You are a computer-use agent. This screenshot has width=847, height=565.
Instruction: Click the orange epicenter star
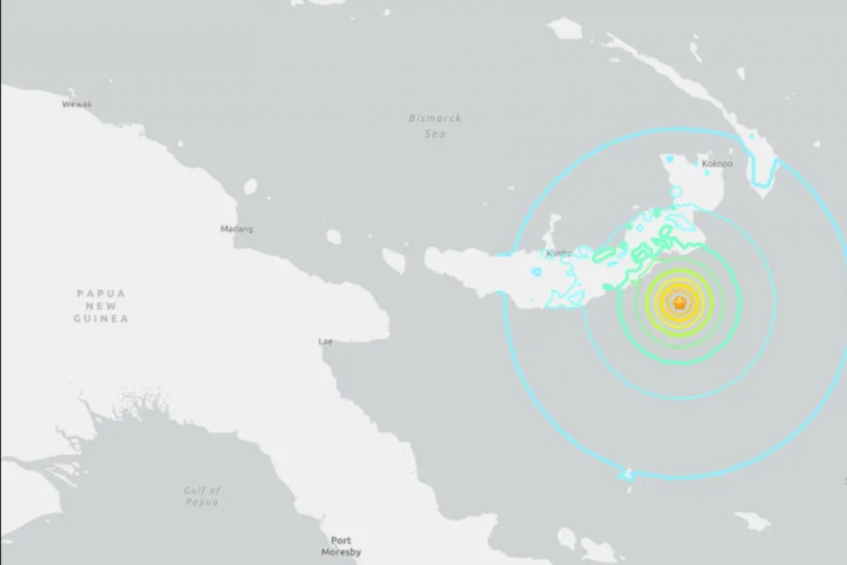(x=679, y=304)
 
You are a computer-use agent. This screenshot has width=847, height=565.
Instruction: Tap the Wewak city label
(x=77, y=105)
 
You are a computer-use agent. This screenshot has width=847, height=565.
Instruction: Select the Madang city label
(x=236, y=229)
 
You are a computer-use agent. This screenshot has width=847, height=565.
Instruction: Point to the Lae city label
(x=325, y=341)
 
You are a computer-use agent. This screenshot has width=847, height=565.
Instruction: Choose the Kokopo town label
(x=717, y=164)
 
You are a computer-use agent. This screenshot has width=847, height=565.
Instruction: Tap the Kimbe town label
(x=558, y=254)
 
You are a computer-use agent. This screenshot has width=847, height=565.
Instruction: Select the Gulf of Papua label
(x=203, y=496)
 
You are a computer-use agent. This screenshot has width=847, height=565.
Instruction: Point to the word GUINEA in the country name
(x=101, y=319)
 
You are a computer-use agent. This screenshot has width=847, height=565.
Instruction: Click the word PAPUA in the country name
(x=101, y=293)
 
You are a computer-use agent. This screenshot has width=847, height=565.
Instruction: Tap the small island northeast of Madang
(x=251, y=186)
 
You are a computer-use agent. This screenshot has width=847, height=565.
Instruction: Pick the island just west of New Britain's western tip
(x=394, y=261)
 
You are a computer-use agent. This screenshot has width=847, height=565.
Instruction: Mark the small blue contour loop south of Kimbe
(x=536, y=271)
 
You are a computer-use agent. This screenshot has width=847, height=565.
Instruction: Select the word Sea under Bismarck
(x=435, y=134)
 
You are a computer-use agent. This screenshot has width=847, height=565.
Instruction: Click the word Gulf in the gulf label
(x=194, y=490)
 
